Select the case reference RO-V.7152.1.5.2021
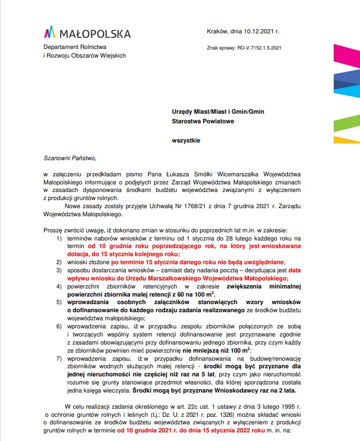coord(255,48)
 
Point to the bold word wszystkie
coord(186,140)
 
